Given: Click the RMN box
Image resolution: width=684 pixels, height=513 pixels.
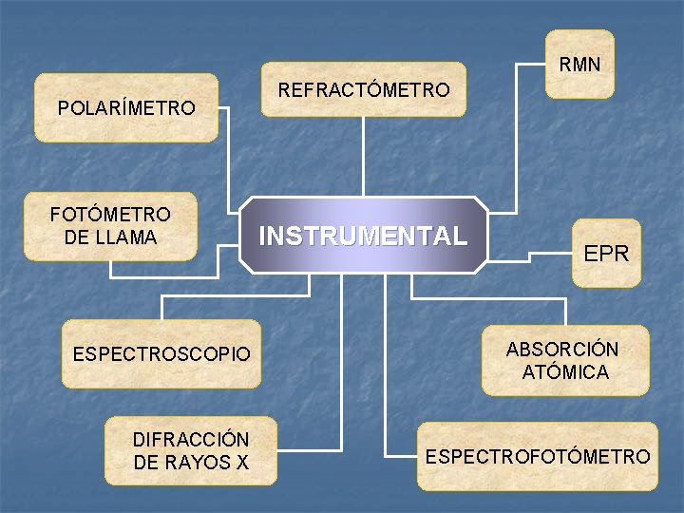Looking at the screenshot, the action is (579, 65).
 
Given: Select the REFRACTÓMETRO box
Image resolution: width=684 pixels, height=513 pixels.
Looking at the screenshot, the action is (364, 90).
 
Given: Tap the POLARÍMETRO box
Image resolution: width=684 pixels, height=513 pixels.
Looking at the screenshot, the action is (125, 107).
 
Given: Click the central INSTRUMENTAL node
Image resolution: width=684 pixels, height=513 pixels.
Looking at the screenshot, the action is (364, 236).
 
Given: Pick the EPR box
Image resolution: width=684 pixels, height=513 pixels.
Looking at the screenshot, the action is (606, 254).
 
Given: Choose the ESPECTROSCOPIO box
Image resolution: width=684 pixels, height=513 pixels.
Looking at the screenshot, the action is (161, 354).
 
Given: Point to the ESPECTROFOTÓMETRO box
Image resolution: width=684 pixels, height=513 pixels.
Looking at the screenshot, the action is (538, 456).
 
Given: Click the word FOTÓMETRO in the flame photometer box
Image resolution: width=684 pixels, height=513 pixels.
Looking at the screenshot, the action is (110, 216).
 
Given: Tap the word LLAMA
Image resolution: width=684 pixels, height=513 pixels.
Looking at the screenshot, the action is (124, 237).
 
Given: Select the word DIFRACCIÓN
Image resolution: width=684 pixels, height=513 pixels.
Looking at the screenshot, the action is (191, 440).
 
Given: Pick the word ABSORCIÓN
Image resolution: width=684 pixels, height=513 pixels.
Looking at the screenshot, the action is (562, 349).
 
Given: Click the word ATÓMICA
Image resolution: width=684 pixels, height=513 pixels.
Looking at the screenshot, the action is (565, 371).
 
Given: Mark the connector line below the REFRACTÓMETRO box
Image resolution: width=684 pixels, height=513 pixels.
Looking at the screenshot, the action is (364, 157).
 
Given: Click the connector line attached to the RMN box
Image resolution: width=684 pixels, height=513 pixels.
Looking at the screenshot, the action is (516, 133).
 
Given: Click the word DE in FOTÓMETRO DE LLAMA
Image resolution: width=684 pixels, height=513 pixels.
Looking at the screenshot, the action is (75, 237).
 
